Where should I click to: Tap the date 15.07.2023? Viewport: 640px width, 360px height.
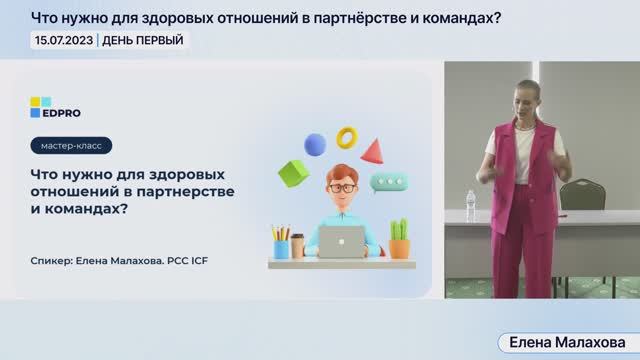(x=63, y=40)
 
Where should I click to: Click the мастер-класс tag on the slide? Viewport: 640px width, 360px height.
(x=71, y=146)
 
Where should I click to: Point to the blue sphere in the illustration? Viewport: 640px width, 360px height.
(x=315, y=145)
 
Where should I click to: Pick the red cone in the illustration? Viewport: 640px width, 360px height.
(x=373, y=152)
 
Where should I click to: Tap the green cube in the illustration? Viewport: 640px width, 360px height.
(x=292, y=174)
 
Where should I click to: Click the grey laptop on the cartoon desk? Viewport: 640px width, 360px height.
(x=340, y=241)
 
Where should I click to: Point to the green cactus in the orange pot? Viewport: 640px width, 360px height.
(x=399, y=239)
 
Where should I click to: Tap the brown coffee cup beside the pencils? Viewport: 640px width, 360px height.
(x=297, y=248)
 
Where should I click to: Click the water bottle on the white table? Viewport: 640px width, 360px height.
(x=471, y=207)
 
